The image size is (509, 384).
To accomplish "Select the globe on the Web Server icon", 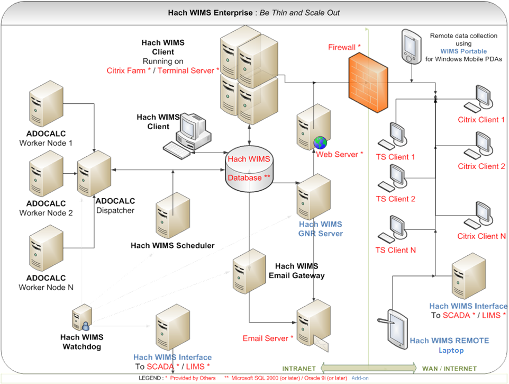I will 320,142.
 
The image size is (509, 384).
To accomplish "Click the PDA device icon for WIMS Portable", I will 411,47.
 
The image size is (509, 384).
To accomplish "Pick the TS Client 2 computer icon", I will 394,178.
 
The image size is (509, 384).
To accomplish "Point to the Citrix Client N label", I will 481,236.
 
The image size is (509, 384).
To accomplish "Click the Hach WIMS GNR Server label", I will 321,229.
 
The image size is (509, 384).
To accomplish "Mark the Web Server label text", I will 340,155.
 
